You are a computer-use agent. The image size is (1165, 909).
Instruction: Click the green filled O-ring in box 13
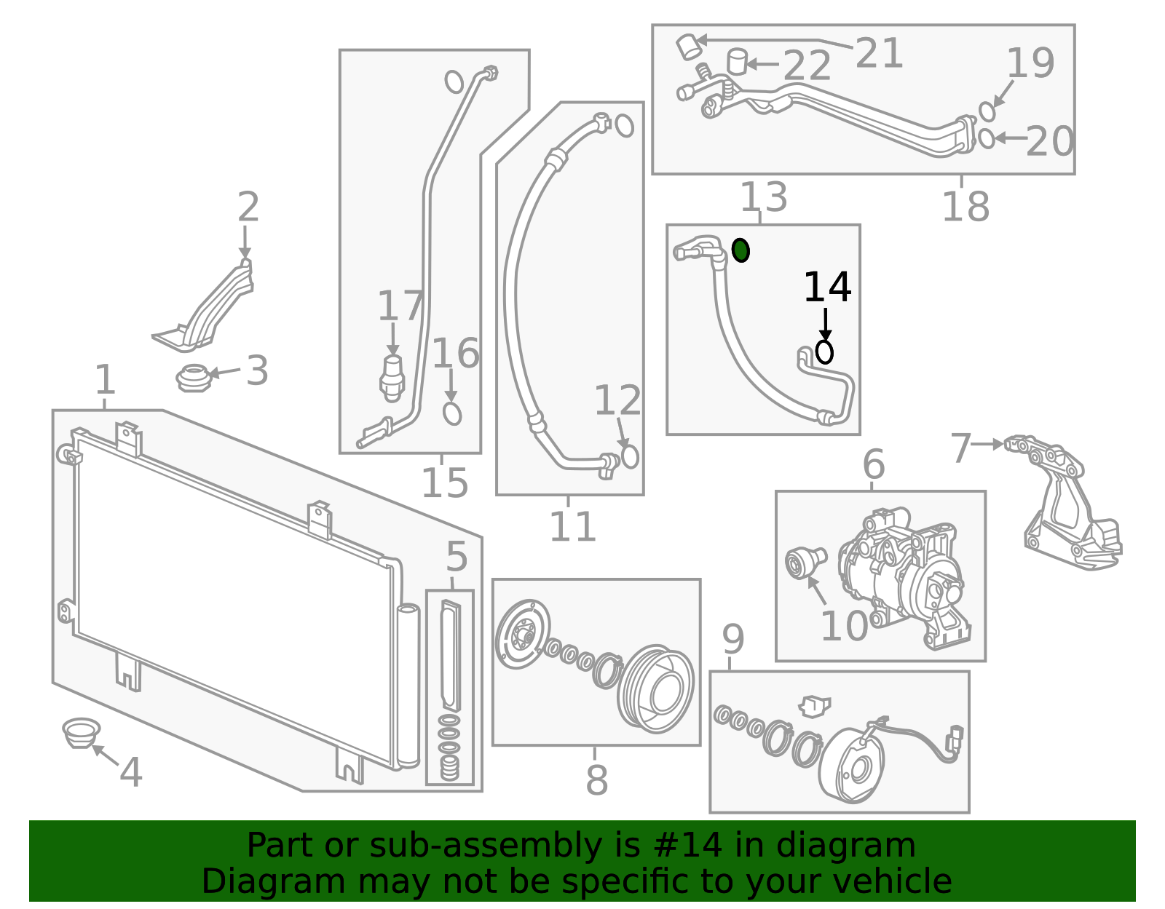741,250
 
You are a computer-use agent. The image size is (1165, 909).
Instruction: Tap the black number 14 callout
827,287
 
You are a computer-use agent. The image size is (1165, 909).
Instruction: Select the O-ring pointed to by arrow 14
824,352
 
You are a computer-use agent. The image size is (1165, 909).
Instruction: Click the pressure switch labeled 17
392,377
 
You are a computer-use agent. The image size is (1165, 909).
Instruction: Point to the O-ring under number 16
452,413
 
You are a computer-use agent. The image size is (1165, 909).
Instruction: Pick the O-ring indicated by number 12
630,456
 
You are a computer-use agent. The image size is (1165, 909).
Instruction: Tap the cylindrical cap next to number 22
738,61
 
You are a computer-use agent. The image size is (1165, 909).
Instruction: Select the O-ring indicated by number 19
987,111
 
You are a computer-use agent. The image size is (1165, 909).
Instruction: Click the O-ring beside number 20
986,138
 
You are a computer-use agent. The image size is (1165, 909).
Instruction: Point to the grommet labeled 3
194,378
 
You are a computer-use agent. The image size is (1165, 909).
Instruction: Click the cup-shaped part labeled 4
80,732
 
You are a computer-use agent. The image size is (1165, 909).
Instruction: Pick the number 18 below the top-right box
965,207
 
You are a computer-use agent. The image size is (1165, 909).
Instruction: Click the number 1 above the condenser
106,381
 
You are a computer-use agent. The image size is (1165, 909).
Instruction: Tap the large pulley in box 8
655,688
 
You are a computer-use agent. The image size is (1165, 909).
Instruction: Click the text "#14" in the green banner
688,846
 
